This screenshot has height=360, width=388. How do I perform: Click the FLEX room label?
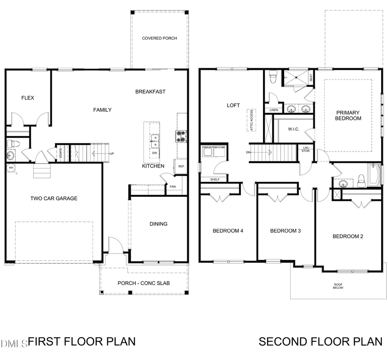[x=28, y=98]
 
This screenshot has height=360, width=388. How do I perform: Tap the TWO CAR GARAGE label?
[x=54, y=199]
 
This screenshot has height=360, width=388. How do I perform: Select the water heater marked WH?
[x=10, y=167]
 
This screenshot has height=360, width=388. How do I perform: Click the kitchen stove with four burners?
[x=181, y=136]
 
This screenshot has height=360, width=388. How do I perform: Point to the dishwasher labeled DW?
[x=154, y=153]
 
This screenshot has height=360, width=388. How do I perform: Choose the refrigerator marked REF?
[x=181, y=167]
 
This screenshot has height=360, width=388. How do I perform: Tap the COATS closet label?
[x=61, y=152]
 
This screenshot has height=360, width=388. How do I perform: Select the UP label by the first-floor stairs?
[x=112, y=154]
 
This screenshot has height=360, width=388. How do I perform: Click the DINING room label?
[x=158, y=224]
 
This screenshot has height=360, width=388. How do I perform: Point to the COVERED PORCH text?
[x=160, y=38]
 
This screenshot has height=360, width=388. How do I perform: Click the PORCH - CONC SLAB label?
[x=144, y=283]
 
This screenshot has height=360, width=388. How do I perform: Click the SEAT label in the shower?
[x=311, y=78]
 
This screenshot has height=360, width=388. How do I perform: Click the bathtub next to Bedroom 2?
[x=374, y=175]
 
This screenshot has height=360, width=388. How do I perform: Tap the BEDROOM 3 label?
[x=285, y=231]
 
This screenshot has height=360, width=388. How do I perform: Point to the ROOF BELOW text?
[x=338, y=286]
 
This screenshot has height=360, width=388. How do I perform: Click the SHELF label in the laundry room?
[x=215, y=180]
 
